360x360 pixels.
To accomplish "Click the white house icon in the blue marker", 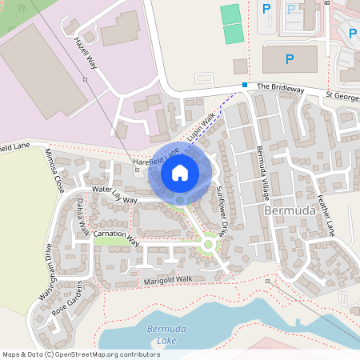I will coord(180,172).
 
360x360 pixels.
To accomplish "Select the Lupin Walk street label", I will coord(202,127).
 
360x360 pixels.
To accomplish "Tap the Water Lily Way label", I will coord(114,194).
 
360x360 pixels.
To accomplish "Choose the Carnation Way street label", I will coord(117,237).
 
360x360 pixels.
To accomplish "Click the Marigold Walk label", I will coord(168,280).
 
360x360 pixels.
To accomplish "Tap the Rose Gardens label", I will coord(68,300).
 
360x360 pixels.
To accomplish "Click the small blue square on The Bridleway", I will coord(245,84).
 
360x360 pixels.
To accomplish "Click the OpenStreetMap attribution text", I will coord(81,354).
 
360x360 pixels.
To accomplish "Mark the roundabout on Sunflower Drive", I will coord(209,244).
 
